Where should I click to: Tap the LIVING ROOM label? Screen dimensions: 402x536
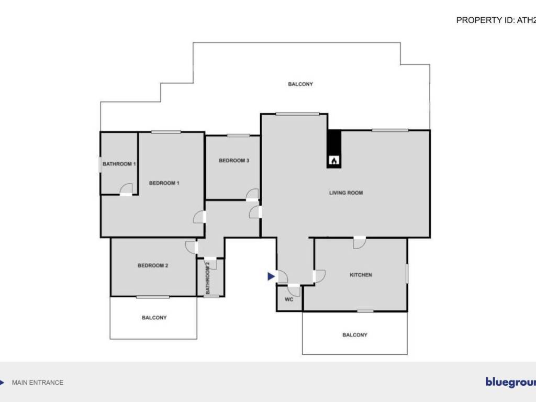[346, 193]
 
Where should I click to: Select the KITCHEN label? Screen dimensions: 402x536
[361, 275]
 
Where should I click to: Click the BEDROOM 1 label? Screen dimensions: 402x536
[164, 183]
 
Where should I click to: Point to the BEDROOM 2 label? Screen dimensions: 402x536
[153, 265]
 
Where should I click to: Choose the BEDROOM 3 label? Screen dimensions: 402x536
[233, 161]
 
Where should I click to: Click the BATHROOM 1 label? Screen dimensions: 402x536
[119, 164]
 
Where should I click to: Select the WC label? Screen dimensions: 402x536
[289, 300]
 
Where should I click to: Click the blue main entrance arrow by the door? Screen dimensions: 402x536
[271, 276]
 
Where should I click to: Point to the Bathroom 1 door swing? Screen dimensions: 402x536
[126, 189]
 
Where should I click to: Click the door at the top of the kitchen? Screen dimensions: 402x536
[359, 243]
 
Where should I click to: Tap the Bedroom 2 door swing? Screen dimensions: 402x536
[190, 246]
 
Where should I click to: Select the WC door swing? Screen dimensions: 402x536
[294, 291]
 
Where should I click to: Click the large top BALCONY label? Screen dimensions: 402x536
[300, 84]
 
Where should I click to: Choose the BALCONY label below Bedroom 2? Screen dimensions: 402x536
[154, 318]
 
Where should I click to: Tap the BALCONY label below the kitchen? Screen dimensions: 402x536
[355, 335]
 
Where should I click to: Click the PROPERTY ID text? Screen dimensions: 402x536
[495, 20]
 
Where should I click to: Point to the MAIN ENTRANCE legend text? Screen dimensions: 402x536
[37, 383]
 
